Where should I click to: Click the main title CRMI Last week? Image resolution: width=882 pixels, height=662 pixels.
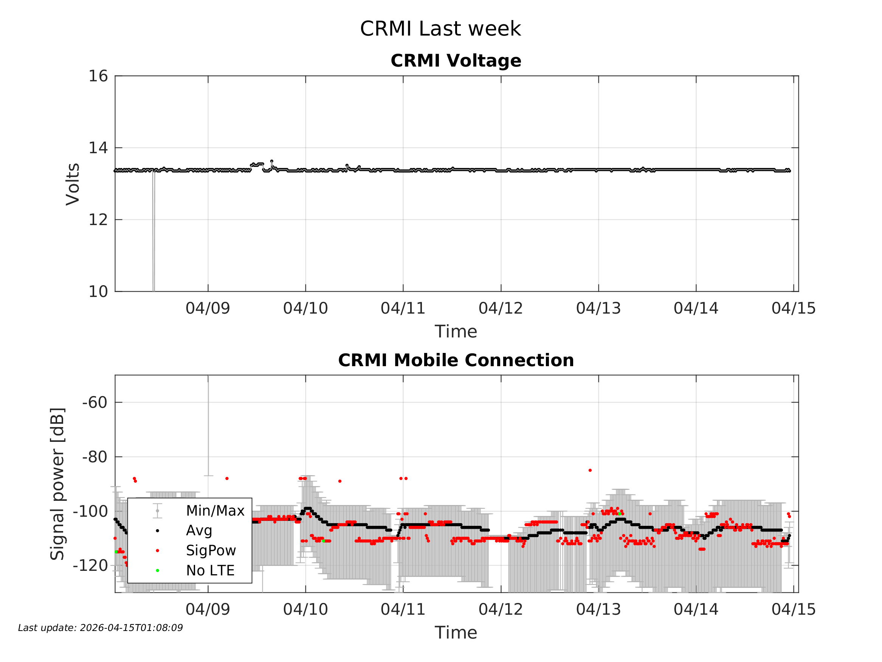click(440, 29)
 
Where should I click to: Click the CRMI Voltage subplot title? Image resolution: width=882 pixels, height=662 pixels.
click(456, 61)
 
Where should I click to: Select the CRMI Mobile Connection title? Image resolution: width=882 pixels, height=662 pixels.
click(456, 361)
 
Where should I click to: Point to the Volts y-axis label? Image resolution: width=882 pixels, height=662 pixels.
click(73, 184)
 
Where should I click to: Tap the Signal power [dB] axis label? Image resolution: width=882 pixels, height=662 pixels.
click(57, 483)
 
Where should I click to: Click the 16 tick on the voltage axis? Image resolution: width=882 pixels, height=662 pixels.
click(98, 76)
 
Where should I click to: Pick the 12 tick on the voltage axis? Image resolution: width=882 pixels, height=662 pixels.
click(98, 219)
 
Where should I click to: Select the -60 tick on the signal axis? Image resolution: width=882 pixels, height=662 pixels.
click(95, 402)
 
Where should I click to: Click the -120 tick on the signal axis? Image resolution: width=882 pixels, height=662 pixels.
click(90, 566)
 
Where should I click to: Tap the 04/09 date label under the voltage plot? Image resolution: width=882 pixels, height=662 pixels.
click(208, 308)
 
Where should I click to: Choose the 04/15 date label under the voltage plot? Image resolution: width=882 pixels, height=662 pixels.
click(794, 308)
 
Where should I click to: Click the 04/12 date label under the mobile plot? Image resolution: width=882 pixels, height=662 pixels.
click(501, 609)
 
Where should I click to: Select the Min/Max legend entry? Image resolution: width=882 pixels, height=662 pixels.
click(215, 511)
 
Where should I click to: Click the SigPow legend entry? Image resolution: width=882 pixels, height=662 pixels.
click(211, 551)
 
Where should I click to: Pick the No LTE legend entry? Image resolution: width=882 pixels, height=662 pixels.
click(210, 570)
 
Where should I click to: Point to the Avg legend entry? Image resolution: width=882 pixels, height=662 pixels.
click(199, 531)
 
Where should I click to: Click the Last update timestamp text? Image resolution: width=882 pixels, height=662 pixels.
click(101, 628)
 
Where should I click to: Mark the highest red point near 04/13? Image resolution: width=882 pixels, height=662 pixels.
click(590, 471)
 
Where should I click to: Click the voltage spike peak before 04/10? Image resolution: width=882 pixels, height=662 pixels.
click(272, 161)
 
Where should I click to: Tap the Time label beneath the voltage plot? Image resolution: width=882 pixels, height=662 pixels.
click(456, 332)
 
